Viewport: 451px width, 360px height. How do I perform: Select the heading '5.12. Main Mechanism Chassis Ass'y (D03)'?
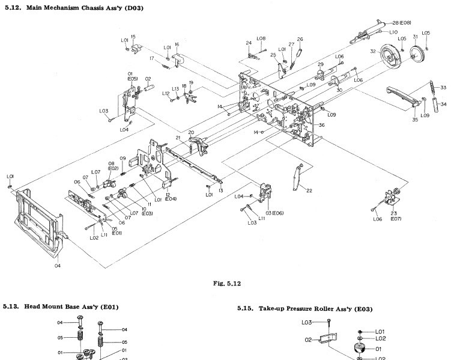point(82,8)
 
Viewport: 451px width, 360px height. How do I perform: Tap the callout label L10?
point(393,32)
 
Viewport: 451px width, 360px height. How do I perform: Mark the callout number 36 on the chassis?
point(322,125)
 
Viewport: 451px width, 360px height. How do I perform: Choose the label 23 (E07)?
point(395,216)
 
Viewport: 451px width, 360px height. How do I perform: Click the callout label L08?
point(261,39)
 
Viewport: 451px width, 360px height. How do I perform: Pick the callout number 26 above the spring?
point(300,40)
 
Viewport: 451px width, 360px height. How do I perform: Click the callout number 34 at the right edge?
point(443,104)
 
